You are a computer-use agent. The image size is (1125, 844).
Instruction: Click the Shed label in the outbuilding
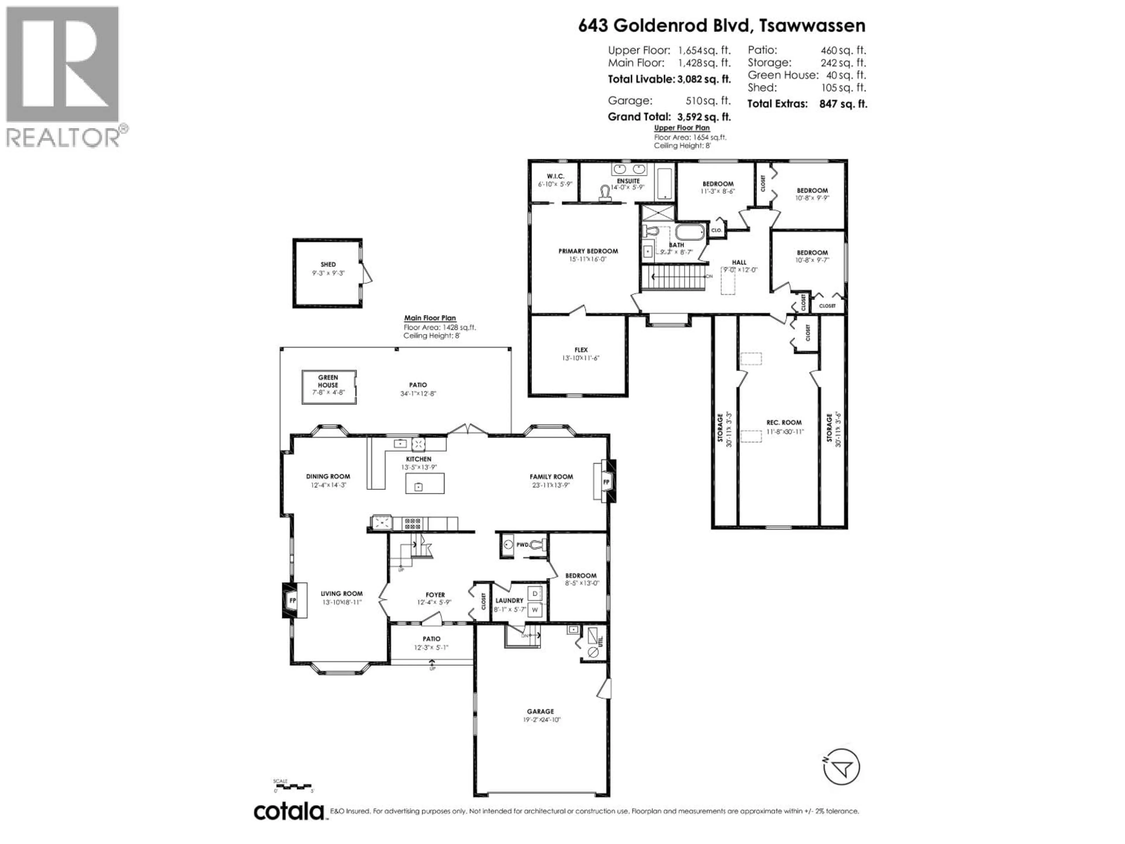(328, 265)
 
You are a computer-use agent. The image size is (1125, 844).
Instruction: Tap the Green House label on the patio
(328, 381)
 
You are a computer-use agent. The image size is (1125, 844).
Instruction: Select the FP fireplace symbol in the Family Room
(606, 481)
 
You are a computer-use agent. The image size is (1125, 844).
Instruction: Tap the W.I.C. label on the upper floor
(555, 176)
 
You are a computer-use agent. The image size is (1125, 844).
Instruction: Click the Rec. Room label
(784, 422)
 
